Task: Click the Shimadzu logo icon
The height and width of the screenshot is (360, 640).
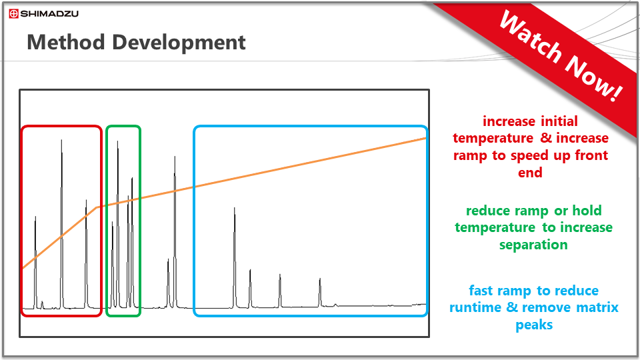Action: (13, 13)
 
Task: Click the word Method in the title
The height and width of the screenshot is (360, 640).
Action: (66, 42)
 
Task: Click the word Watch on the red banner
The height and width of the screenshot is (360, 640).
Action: (531, 37)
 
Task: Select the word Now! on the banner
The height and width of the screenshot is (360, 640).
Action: (593, 77)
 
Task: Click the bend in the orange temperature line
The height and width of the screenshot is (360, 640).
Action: (97, 207)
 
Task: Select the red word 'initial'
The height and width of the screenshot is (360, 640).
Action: (559, 121)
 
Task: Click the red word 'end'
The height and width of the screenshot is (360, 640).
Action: (530, 173)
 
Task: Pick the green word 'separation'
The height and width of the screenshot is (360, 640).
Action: (533, 245)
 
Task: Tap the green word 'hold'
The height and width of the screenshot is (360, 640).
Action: (587, 211)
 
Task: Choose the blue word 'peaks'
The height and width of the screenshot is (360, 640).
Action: (534, 325)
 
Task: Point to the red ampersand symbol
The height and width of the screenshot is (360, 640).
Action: (546, 138)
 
